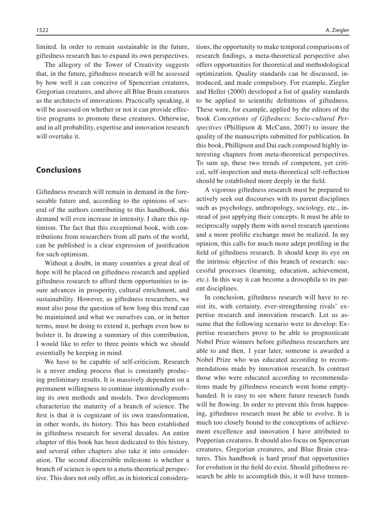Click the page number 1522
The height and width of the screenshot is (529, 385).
click(42, 30)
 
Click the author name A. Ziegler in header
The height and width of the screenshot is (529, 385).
click(337, 30)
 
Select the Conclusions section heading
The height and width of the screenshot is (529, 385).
click(59, 170)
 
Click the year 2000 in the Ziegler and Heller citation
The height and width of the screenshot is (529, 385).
click(237, 92)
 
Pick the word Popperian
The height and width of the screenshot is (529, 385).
click(211, 440)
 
